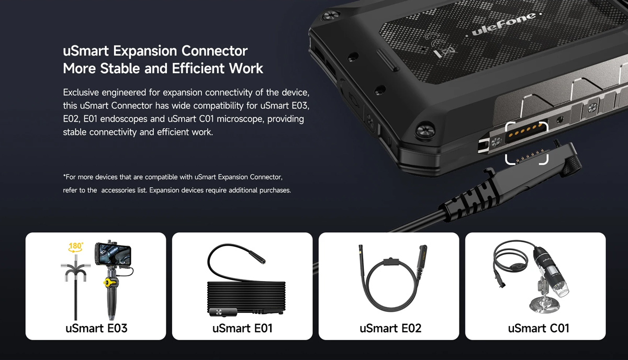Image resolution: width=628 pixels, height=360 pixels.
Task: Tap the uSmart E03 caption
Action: [96, 329]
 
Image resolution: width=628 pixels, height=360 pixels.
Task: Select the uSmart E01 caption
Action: [242, 329]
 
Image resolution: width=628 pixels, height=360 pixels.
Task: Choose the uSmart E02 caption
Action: [390, 329]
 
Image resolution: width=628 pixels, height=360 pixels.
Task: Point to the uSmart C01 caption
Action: [539, 329]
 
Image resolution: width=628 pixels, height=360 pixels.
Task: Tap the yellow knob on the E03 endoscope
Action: [108, 283]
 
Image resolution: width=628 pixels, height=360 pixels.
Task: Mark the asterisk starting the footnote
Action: [64, 177]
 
